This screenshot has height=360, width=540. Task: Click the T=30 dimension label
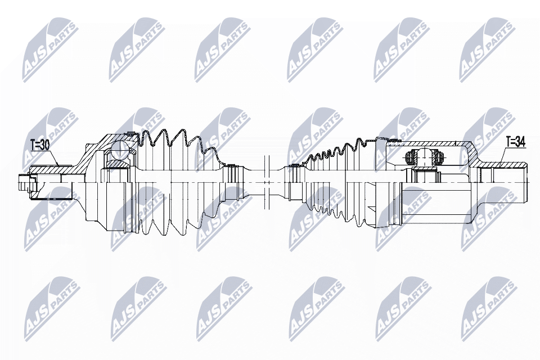[39, 145]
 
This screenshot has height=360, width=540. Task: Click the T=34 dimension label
[515, 142]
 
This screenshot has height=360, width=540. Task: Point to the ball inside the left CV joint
[121, 150]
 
